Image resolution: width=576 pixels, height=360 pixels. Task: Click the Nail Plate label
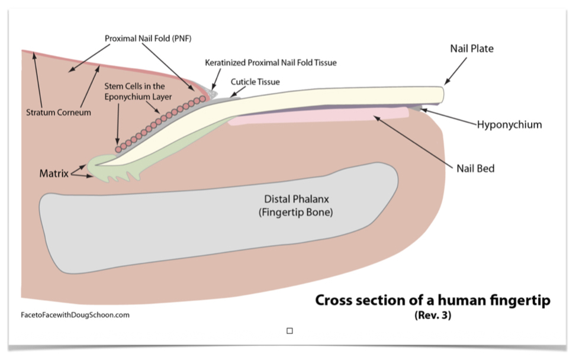tap(471, 49)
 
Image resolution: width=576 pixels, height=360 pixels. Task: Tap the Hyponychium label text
tap(509, 125)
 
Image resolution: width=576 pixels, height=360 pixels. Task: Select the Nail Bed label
tap(475, 168)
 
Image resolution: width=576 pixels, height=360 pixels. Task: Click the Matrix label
tap(52, 173)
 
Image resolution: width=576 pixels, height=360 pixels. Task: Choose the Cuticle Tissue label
tap(255, 82)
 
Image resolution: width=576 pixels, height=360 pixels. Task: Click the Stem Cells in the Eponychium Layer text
tap(134, 91)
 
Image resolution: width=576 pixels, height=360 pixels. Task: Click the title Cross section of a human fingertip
tap(432, 301)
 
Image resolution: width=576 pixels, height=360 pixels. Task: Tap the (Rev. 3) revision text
tap(433, 316)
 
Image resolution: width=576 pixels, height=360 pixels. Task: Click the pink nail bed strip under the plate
tap(320, 116)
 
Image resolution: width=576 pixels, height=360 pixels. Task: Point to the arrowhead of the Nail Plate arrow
tap(446, 82)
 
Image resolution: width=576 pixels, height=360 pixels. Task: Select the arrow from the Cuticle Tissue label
tap(239, 91)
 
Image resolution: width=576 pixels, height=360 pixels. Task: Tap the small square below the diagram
tap(289, 331)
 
